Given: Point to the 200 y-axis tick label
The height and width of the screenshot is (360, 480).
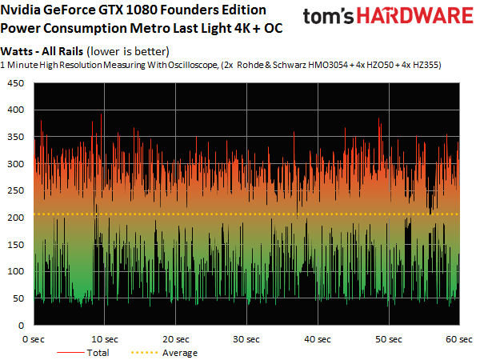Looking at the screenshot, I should (x=14, y=218).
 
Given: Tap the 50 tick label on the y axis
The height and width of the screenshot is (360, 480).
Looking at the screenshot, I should (x=17, y=299).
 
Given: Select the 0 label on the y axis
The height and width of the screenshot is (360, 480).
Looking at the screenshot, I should (x=20, y=326).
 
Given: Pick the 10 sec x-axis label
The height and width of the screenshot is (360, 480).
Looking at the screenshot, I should (x=104, y=338).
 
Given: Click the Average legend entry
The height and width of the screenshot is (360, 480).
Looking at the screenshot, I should (x=181, y=352).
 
